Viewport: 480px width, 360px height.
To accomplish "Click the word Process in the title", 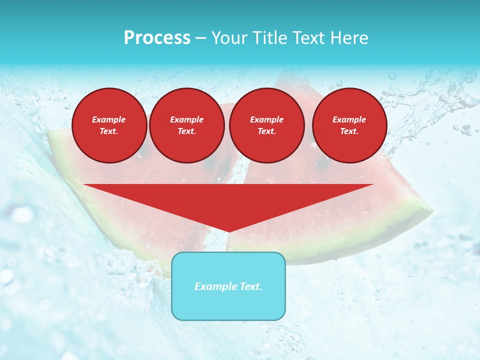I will coord(157,38).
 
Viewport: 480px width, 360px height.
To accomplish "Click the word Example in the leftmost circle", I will coord(109,119).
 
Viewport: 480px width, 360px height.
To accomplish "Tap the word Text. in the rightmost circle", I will coord(349,131).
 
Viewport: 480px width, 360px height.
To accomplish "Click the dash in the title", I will coord(200,38).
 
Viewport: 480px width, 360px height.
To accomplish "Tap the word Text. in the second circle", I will coord(186,131).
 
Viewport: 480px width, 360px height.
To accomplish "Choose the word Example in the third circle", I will coord(266,119).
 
